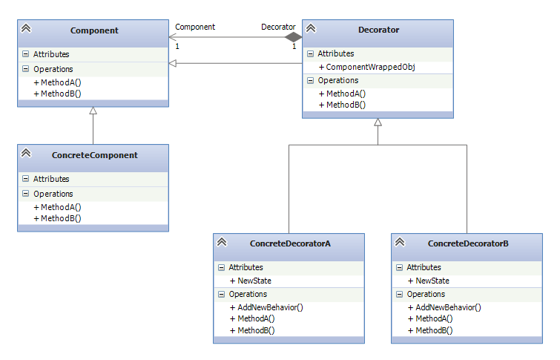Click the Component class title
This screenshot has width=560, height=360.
tap(94, 30)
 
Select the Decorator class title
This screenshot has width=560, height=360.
tap(378, 30)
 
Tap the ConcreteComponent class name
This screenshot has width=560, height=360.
tap(95, 155)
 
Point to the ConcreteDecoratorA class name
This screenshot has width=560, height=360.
tap(290, 243)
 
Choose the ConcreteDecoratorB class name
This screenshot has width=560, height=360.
tap(468, 243)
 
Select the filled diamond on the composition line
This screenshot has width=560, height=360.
tap(293, 37)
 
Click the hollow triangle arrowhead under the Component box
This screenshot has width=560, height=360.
tap(93, 111)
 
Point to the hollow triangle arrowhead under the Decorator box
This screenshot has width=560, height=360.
tap(378, 122)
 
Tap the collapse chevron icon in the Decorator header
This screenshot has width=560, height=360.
tap(311, 28)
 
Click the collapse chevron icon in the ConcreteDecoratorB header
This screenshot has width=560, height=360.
tap(400, 242)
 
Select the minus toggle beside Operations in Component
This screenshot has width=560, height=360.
tap(26, 68)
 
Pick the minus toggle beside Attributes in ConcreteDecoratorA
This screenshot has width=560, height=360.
tap(222, 267)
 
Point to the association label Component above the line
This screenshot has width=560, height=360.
tap(195, 27)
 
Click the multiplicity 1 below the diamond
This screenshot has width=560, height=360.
tap(294, 47)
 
